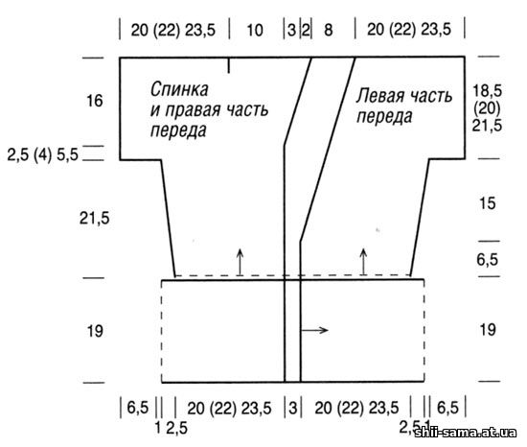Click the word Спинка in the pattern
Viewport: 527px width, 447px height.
point(179,89)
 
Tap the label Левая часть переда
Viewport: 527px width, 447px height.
point(404,106)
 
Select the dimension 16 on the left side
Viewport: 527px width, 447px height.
point(95,101)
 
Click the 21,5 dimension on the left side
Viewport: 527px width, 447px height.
point(95,219)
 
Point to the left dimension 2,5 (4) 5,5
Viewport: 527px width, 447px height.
point(43,155)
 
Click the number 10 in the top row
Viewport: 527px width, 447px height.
point(255,31)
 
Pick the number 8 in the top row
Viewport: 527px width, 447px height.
point(328,31)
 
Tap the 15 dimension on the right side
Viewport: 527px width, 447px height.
point(487,203)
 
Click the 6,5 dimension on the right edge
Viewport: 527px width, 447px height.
point(487,260)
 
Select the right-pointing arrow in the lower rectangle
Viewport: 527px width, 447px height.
point(314,330)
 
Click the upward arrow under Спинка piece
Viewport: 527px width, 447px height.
point(240,262)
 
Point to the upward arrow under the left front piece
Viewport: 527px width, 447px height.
point(363,262)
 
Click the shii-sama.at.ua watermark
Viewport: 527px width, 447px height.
point(466,432)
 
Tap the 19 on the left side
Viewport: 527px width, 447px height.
point(95,331)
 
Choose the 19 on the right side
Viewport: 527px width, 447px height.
point(488,330)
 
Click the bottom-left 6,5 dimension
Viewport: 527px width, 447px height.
point(137,408)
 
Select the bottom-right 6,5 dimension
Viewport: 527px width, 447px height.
point(447,408)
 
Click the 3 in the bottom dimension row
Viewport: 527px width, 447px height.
point(293,409)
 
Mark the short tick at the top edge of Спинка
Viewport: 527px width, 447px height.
point(229,65)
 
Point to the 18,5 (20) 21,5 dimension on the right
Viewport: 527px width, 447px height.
point(487,108)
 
